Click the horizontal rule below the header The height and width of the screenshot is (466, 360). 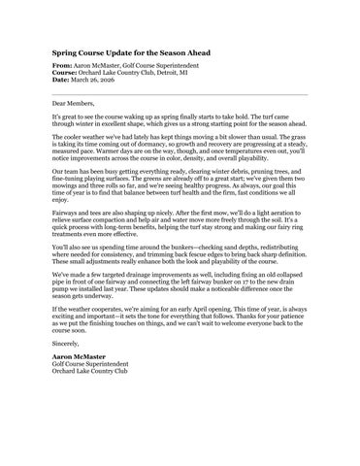[x=180, y=92]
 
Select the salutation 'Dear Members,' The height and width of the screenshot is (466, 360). [x=75, y=102]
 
